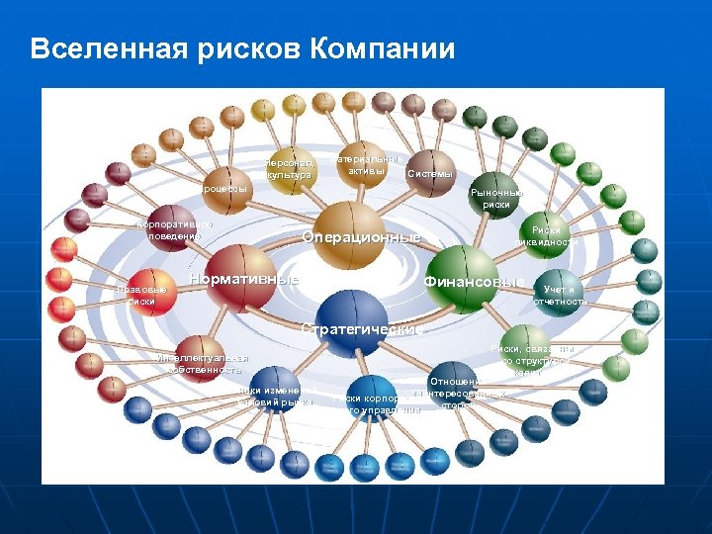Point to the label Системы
point(430,174)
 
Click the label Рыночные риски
point(497,199)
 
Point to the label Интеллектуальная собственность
point(203,363)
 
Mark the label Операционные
point(361,237)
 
